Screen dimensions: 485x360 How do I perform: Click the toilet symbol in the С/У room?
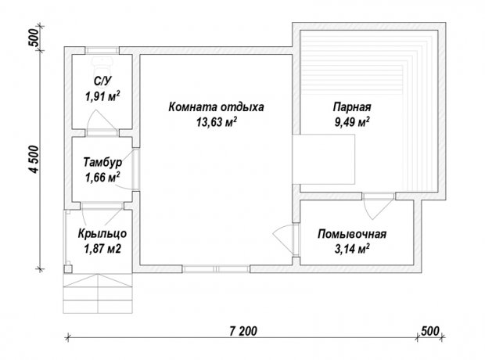tap(102, 64)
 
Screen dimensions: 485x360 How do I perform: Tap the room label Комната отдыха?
tap(216, 107)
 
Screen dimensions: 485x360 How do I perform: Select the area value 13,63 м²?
tap(217, 122)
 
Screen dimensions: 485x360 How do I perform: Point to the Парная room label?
tap(352, 107)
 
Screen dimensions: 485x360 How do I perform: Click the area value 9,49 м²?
tap(352, 122)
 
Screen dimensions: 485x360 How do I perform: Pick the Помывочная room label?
tap(352, 234)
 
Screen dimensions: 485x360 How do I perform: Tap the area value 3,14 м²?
tap(352, 248)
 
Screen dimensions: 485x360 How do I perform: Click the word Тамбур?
tap(102, 162)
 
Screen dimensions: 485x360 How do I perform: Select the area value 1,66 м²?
tap(102, 178)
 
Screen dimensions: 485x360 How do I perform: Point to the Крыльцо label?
tap(102, 234)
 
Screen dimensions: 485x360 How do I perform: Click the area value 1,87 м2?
tap(102, 248)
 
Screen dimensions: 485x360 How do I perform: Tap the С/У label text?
tap(102, 81)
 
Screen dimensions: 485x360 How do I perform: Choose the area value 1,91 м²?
tap(102, 96)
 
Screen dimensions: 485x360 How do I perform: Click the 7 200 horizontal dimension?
tap(243, 331)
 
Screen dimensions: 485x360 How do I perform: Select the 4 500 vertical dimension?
tap(34, 159)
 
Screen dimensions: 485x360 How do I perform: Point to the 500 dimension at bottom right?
tap(430, 331)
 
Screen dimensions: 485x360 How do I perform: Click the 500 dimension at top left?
tap(34, 37)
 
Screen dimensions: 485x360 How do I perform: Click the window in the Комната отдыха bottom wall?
tap(216, 268)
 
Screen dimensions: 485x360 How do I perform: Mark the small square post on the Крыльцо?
tap(68, 269)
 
